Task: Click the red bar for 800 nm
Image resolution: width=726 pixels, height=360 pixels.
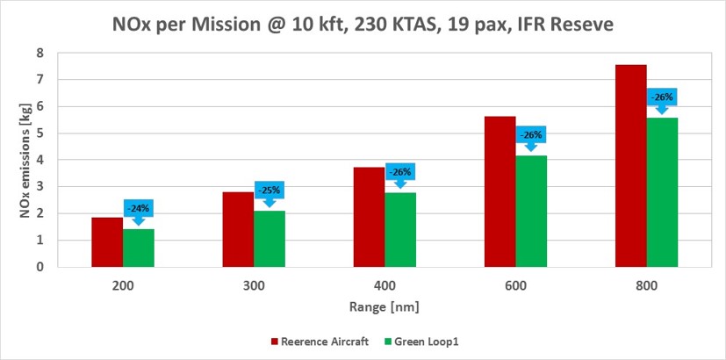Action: pos(631,166)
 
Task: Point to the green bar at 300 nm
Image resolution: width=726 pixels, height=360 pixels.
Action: pos(270,239)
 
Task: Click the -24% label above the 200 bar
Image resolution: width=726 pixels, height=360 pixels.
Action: pos(138,208)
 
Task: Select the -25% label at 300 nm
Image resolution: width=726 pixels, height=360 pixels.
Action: pos(270,190)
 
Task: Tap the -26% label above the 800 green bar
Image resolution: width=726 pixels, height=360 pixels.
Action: pos(662,97)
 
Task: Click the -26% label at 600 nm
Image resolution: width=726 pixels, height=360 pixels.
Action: pos(531,135)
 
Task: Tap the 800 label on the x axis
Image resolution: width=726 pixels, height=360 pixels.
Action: pos(646,286)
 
